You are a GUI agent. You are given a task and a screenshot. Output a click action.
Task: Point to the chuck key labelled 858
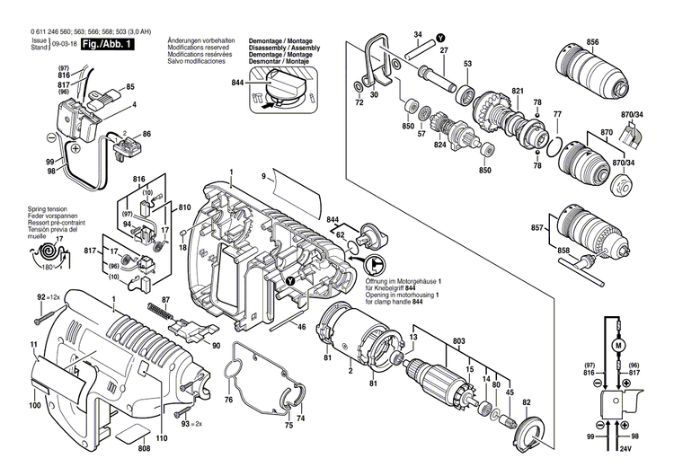point(586,262)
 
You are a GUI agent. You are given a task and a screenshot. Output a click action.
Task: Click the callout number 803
point(459,340)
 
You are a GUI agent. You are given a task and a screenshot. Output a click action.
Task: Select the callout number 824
point(440,145)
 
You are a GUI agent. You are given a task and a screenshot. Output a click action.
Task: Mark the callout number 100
point(34,407)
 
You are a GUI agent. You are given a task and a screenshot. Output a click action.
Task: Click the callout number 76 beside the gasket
point(228,400)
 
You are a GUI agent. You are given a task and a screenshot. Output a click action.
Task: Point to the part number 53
point(467,64)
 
